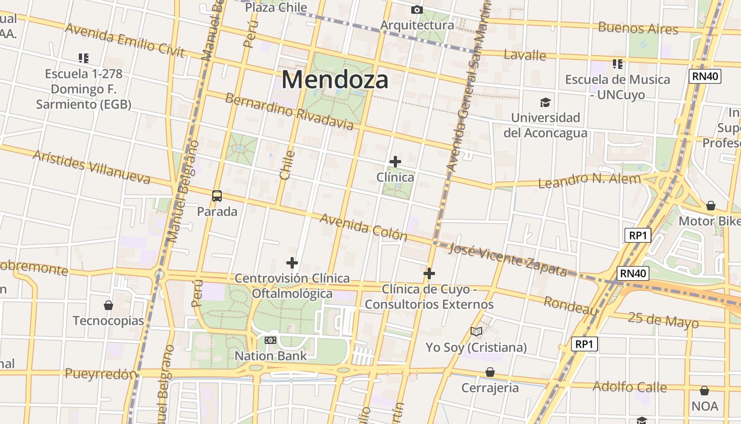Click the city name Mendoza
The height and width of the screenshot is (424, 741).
tap(335, 80)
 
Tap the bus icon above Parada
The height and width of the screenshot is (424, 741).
tap(217, 196)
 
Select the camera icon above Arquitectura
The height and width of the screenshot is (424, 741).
tap(417, 10)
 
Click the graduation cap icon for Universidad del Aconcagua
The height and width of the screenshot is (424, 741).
tap(545, 102)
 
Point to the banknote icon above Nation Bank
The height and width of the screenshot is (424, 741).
tap(270, 340)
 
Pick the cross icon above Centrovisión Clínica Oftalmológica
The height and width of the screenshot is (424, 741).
tap(292, 263)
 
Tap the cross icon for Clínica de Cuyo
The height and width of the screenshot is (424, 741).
tap(429, 273)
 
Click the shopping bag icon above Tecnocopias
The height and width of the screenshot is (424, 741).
tap(109, 305)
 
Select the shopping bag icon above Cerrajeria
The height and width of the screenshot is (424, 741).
tap(490, 372)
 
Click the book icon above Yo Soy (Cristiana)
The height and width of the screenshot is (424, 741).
tap(476, 332)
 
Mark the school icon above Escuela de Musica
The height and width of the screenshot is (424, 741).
tap(617, 64)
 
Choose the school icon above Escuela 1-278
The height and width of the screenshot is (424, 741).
tap(83, 58)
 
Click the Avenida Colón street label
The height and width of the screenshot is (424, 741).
tap(363, 227)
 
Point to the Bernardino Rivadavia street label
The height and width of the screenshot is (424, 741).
tap(289, 111)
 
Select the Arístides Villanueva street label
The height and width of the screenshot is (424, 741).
tap(92, 167)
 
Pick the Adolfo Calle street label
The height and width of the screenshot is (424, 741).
tap(629, 386)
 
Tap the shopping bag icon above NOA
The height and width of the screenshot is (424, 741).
tap(704, 391)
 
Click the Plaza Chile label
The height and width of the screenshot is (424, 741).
tap(276, 7)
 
